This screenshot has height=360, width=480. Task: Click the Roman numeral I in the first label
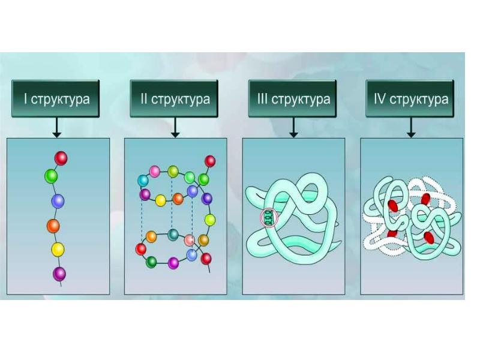(26, 100)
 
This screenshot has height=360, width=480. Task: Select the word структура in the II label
(181, 100)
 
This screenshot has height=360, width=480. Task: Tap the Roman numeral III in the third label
(262, 100)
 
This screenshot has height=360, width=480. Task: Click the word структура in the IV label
(419, 100)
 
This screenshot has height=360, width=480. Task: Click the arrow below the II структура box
(175, 127)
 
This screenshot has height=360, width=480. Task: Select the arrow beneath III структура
(293, 127)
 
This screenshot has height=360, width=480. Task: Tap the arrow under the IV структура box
(411, 127)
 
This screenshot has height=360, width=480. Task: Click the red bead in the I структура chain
(61, 158)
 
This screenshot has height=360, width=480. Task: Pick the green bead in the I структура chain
(51, 176)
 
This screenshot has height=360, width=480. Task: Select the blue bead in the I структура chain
(58, 200)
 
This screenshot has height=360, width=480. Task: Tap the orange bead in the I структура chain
(53, 226)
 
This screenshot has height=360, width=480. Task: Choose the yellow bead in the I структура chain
(58, 249)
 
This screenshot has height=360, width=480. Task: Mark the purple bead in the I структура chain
(59, 274)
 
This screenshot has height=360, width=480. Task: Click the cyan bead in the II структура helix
(143, 180)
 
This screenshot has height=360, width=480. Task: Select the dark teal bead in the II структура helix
(173, 234)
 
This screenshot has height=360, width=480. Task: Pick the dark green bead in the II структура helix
(152, 262)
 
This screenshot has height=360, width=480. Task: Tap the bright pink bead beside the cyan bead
(155, 171)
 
